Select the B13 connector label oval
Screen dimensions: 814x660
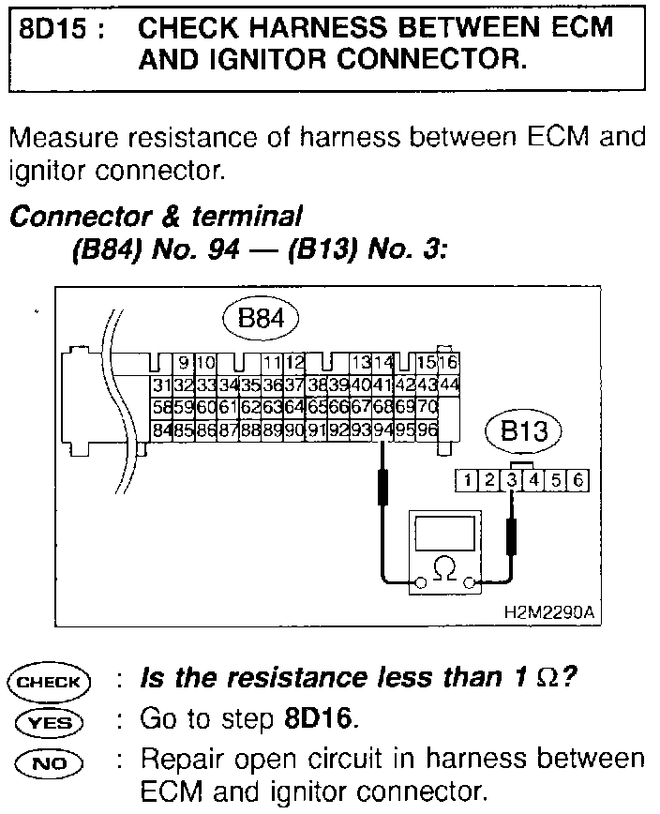(522, 432)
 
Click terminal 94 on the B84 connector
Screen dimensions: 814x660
(382, 430)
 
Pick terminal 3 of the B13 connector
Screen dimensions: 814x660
(511, 481)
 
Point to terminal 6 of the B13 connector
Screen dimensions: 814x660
(578, 481)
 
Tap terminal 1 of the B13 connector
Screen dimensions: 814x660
(466, 481)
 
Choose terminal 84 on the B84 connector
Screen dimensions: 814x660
(160, 430)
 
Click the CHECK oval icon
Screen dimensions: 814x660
(48, 682)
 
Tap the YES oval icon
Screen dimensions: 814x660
(48, 720)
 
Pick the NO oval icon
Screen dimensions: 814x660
(48, 760)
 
